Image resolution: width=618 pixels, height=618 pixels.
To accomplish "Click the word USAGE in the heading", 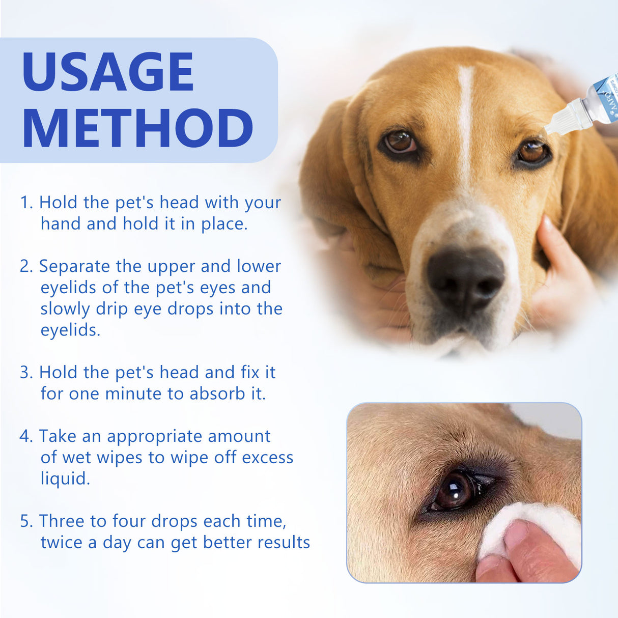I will [108, 71].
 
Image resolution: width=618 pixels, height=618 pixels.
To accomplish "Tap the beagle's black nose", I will [464, 275].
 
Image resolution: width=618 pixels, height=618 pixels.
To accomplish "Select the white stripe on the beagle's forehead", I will [465, 117].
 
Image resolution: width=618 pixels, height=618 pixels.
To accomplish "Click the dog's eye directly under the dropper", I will [532, 152].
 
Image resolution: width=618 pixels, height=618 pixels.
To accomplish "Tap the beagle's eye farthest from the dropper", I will [400, 143].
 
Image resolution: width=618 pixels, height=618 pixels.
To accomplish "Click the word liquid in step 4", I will [65, 479].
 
